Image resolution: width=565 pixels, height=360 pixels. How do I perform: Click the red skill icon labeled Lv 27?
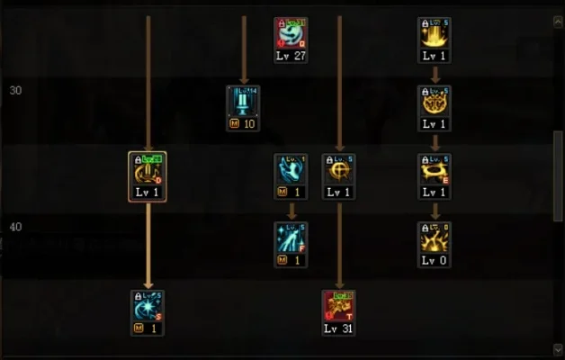(x=291, y=32)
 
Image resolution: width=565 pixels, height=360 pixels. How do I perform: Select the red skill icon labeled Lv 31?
(x=339, y=306)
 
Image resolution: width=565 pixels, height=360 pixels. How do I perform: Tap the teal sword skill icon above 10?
(x=243, y=101)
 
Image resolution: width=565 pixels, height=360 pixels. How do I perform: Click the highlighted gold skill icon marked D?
(x=148, y=169)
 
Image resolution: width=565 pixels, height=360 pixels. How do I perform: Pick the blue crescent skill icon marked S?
(x=148, y=306)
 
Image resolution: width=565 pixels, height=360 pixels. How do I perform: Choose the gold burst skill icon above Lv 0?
(x=435, y=238)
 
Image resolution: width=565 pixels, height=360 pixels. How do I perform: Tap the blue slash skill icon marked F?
(x=291, y=238)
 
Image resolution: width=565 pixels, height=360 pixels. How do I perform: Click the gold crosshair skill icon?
(x=339, y=169)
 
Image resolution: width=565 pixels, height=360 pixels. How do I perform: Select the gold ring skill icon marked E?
(x=435, y=169)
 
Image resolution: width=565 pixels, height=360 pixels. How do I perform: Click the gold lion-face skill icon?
(x=435, y=101)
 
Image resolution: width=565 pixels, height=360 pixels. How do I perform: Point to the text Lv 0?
(x=435, y=261)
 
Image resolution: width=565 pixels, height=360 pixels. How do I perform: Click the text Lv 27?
(x=291, y=56)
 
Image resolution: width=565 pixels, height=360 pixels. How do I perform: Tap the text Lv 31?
(x=339, y=329)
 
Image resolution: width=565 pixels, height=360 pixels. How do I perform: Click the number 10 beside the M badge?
(x=249, y=124)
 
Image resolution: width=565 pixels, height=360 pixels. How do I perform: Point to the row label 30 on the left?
(x=15, y=90)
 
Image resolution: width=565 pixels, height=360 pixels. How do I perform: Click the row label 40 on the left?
(x=15, y=227)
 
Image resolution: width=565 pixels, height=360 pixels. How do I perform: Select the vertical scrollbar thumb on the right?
(x=558, y=175)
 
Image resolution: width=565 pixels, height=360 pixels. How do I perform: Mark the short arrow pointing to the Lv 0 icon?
(x=435, y=211)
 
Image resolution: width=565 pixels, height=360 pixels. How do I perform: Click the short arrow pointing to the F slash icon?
(x=291, y=211)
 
